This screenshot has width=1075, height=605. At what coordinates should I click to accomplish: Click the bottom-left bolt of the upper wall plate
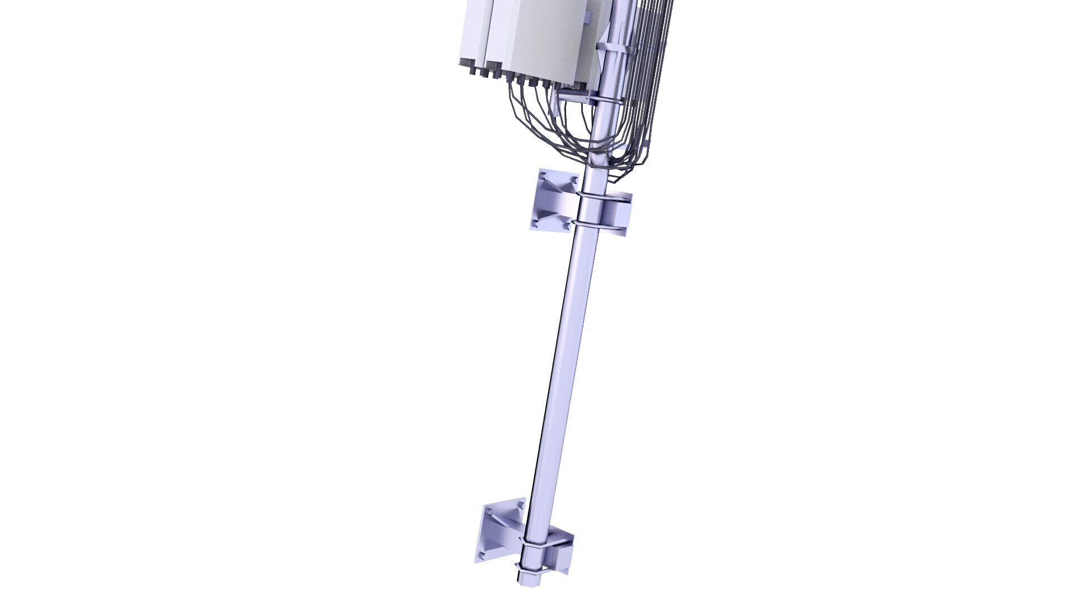[x=537, y=222]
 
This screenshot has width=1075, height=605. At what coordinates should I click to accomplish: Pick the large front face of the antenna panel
[x=554, y=39]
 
